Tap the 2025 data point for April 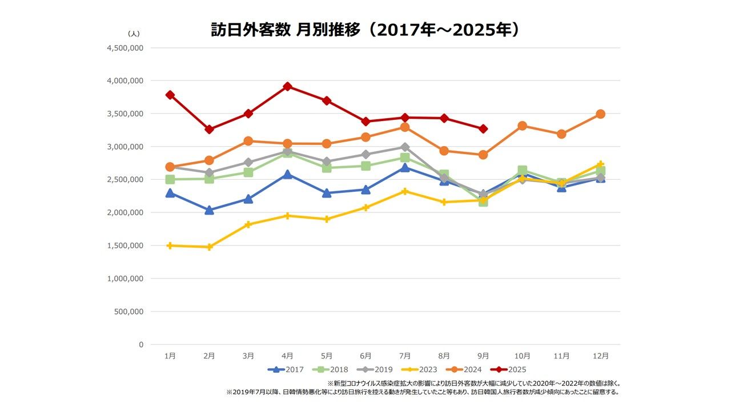pyautogui.click(x=288, y=87)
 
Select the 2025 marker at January pyautogui.click(x=170, y=95)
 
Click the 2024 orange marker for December pyautogui.click(x=600, y=114)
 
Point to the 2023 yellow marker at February pyautogui.click(x=210, y=247)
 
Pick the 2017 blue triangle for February pyautogui.click(x=210, y=210)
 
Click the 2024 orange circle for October pyautogui.click(x=522, y=126)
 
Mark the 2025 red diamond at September pyautogui.click(x=483, y=129)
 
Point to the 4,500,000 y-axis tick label pyautogui.click(x=125, y=48)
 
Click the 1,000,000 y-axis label pyautogui.click(x=125, y=279)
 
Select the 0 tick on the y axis pyautogui.click(x=140, y=345)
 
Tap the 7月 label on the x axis pyautogui.click(x=405, y=356)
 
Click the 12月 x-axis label pyautogui.click(x=600, y=356)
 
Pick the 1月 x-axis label pyautogui.click(x=170, y=356)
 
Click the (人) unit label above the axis pyautogui.click(x=133, y=34)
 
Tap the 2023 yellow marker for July pyautogui.click(x=405, y=191)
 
